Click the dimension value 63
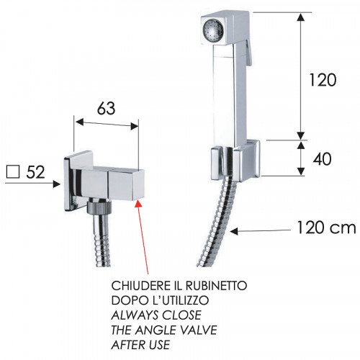[x=106, y=108]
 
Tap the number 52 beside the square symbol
[x=35, y=172]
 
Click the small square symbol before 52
[x=13, y=172]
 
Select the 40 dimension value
[x=322, y=159]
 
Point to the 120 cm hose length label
[x=326, y=228]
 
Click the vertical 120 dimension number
[x=323, y=80]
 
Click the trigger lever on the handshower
[x=248, y=53]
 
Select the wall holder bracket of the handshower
[x=235, y=161]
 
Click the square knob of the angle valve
[x=126, y=185]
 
